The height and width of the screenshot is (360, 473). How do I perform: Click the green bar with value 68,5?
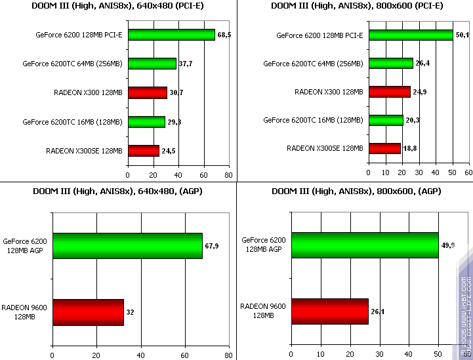tap(171, 35)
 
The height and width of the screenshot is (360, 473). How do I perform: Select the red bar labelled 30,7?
tap(147, 92)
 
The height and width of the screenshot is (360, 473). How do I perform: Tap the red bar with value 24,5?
tap(143, 151)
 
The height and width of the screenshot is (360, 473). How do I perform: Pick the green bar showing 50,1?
tap(411, 35)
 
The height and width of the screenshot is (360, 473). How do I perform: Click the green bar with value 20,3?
tap(386, 120)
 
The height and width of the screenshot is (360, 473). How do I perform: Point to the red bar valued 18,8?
tap(384, 148)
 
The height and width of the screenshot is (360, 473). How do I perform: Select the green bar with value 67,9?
tap(127, 245)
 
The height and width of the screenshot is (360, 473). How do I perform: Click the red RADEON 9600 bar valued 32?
tap(88, 312)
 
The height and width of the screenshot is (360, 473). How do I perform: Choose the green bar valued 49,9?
tap(365, 245)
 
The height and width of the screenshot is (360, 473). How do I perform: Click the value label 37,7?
tap(186, 64)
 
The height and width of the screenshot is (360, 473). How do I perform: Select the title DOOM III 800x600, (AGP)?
tap(356, 191)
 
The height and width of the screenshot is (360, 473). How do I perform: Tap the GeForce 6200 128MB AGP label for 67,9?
tap(24, 245)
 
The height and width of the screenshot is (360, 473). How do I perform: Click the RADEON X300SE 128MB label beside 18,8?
tap(325, 148)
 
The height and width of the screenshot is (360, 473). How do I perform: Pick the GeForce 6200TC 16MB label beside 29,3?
tap(72, 122)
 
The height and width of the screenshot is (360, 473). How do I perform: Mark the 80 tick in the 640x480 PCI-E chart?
tap(228, 176)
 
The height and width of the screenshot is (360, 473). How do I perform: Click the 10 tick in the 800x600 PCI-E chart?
tap(386, 173)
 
